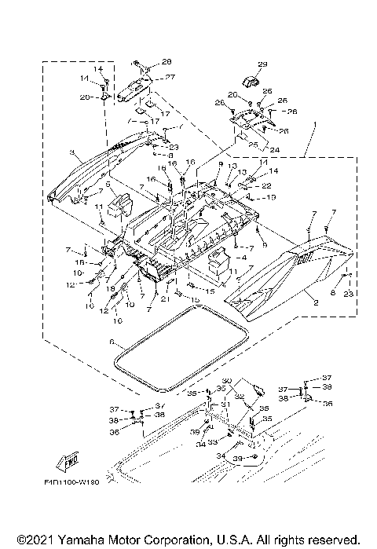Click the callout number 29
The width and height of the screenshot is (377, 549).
[x=262, y=64]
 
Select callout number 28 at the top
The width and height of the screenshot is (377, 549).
[x=166, y=61]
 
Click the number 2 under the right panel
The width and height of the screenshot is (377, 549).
[x=317, y=301]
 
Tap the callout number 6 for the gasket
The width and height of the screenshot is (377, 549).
[x=112, y=342]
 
